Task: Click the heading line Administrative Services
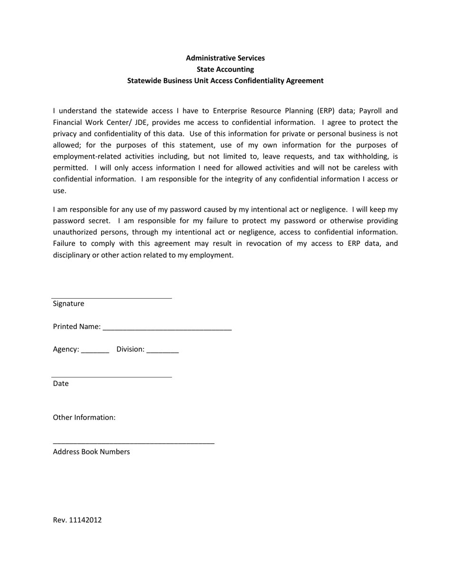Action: tap(225, 58)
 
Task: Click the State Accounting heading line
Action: tap(225, 69)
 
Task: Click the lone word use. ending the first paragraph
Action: tap(59, 190)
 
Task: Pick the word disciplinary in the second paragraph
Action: tap(72, 255)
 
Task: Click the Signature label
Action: tap(68, 304)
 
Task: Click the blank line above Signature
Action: tap(112, 298)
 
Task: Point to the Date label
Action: tap(61, 384)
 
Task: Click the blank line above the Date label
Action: tap(112, 377)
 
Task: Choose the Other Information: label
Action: tap(84, 418)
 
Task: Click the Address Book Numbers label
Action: tap(91, 452)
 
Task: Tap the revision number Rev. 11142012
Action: tap(77, 520)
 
